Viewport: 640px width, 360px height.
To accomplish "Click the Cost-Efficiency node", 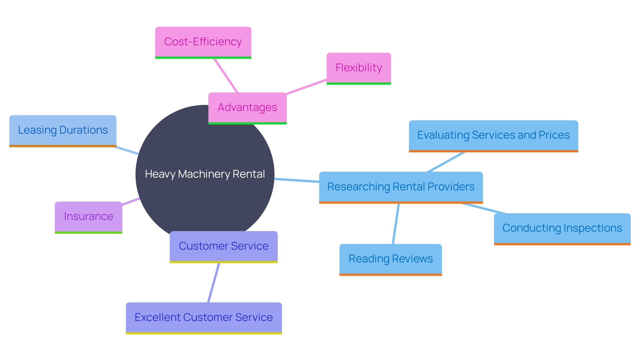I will [203, 42].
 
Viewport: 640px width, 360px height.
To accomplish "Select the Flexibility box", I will [359, 68].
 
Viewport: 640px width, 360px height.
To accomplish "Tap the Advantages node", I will [247, 107].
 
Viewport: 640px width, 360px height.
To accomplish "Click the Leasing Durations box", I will [63, 130].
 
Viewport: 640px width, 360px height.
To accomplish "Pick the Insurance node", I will [88, 217].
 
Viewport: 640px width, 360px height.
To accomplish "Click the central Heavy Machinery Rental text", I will [205, 174].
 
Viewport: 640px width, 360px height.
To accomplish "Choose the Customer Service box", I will [223, 246].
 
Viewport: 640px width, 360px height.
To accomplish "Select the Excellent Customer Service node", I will [204, 317].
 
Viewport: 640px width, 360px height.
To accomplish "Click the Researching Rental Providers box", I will [401, 187].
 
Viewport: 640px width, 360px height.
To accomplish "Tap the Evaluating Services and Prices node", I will [493, 135].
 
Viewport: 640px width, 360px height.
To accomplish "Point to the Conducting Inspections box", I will [562, 228].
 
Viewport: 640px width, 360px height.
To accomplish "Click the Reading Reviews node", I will [390, 259].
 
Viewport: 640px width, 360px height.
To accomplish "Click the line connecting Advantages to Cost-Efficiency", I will [226, 76].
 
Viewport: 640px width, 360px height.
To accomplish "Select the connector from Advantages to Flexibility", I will [306, 87].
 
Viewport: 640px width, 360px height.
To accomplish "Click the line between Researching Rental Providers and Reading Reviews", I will [396, 224].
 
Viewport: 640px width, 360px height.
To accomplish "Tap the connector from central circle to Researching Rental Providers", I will [297, 180].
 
